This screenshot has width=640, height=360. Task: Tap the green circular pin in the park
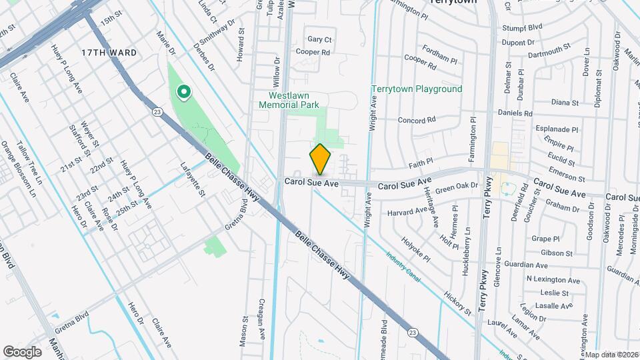point(182,91)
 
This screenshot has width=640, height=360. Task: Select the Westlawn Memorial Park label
point(289,100)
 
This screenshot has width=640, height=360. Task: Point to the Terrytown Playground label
point(416,89)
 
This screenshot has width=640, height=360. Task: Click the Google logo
point(22,351)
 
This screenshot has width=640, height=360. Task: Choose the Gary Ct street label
point(319,39)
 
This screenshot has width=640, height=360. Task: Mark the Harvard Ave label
point(407,213)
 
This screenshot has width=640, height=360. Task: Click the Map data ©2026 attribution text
point(611,354)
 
